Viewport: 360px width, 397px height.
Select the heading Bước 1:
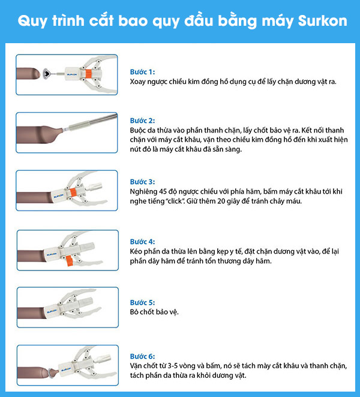(x=143, y=72)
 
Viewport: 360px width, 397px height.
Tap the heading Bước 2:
(x=143, y=121)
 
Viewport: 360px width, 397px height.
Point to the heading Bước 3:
(x=143, y=181)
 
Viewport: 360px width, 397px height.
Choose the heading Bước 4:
(x=143, y=242)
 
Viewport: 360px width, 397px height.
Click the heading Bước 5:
(x=143, y=303)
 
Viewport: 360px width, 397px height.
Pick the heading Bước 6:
(x=143, y=355)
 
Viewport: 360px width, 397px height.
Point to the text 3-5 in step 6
(x=175, y=365)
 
